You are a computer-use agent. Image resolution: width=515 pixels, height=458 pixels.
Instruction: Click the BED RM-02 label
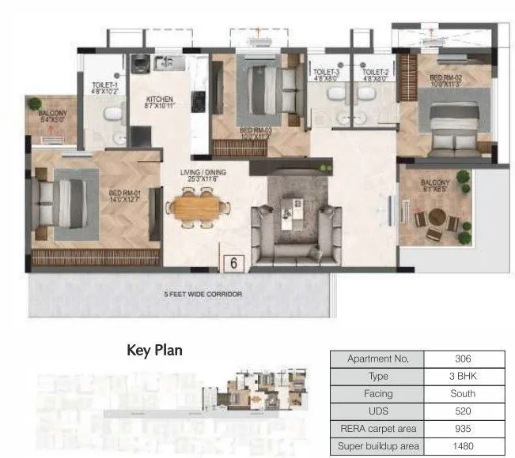[445, 77]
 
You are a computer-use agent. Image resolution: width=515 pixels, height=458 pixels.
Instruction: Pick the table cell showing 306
[462, 359]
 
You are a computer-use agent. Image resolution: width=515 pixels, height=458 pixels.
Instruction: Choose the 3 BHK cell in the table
[462, 376]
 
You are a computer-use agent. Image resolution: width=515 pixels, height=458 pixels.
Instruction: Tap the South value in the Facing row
[462, 393]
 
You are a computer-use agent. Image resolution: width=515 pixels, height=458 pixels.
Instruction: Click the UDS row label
[377, 411]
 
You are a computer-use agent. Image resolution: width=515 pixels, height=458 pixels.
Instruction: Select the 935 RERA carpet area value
[462, 428]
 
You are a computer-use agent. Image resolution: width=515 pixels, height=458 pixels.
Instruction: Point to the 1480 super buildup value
[462, 445]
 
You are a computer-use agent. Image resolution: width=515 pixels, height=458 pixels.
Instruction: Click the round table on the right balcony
[434, 222]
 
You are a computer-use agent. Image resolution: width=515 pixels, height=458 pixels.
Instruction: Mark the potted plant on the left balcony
[36, 105]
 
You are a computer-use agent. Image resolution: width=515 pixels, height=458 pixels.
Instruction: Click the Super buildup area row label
[377, 445]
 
